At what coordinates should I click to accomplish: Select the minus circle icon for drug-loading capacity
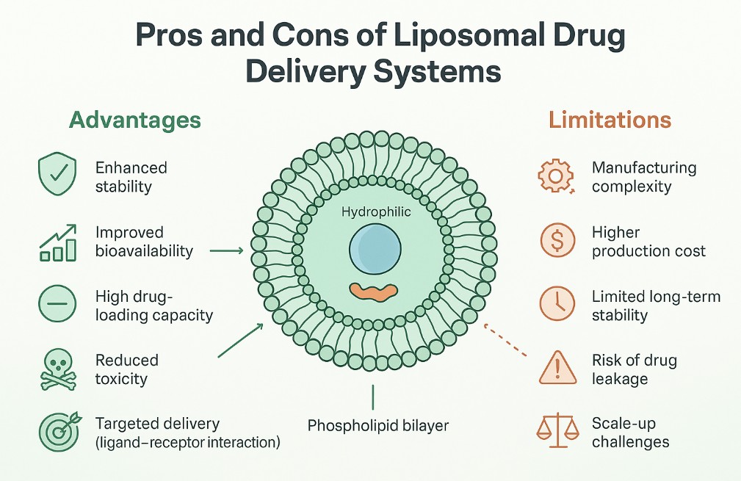coord(57,305)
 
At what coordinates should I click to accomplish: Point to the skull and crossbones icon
coord(57,369)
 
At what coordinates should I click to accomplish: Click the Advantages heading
coord(134,120)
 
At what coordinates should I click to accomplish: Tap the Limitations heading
coord(609,120)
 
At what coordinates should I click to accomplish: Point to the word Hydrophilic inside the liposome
coord(376,211)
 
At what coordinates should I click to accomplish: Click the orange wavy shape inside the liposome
coord(374,291)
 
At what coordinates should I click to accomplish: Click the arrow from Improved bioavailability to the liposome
coord(225,251)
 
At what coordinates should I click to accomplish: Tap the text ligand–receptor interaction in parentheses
coord(188,443)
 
